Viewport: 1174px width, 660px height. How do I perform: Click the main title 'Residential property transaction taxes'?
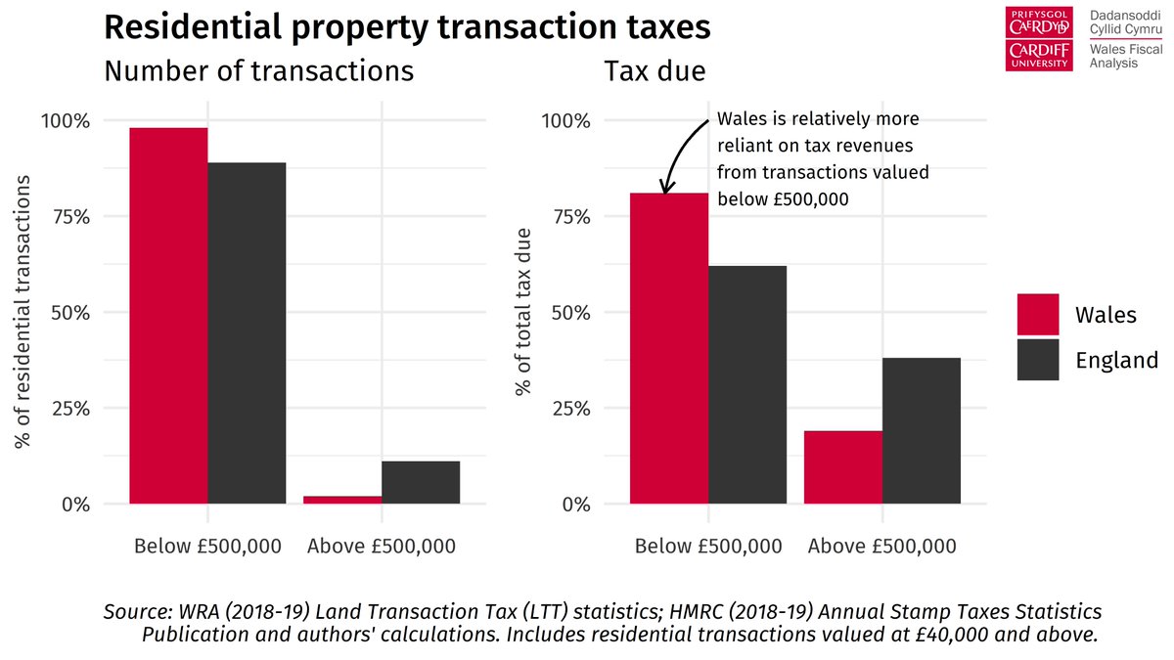click(406, 26)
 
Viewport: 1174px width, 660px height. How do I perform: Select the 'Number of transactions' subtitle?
click(258, 71)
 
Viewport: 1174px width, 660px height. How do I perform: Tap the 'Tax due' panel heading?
click(655, 71)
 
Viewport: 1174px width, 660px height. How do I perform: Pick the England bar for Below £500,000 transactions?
click(247, 333)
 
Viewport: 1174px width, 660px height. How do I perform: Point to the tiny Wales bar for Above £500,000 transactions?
click(342, 500)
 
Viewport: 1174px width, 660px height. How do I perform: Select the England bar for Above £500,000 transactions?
click(421, 483)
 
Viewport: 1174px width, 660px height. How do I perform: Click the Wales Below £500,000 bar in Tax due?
click(669, 348)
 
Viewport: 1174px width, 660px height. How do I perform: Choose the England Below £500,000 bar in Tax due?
click(747, 385)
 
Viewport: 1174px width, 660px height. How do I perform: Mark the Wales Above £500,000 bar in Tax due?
click(843, 467)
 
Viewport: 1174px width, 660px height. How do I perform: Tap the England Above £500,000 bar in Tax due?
click(922, 431)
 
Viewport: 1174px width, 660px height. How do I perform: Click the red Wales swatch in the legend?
click(1038, 315)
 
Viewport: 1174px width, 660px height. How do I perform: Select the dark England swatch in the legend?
click(1038, 360)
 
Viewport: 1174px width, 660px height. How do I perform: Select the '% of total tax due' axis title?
click(524, 313)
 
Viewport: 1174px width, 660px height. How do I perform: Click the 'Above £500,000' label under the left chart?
click(381, 546)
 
